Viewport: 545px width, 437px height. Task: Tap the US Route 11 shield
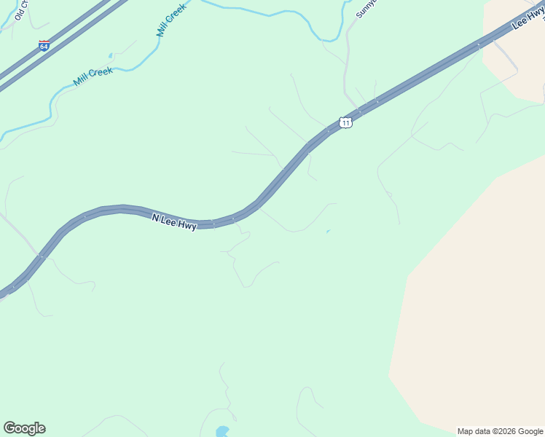click(346, 122)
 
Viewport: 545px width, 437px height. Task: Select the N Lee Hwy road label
click(174, 221)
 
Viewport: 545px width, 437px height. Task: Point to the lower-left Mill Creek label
click(93, 76)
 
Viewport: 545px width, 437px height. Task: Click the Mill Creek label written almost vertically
click(171, 20)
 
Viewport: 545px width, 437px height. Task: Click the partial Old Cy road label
click(20, 9)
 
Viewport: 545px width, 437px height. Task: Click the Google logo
click(24, 428)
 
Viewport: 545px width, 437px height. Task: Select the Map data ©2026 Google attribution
click(501, 431)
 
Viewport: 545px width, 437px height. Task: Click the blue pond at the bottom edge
click(222, 431)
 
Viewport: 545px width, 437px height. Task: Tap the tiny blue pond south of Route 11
click(328, 232)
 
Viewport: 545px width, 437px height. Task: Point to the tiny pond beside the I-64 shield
click(111, 55)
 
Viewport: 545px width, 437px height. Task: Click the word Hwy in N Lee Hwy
click(188, 225)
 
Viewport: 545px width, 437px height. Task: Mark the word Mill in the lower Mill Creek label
click(81, 80)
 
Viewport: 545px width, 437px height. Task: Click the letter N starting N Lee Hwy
click(155, 216)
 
